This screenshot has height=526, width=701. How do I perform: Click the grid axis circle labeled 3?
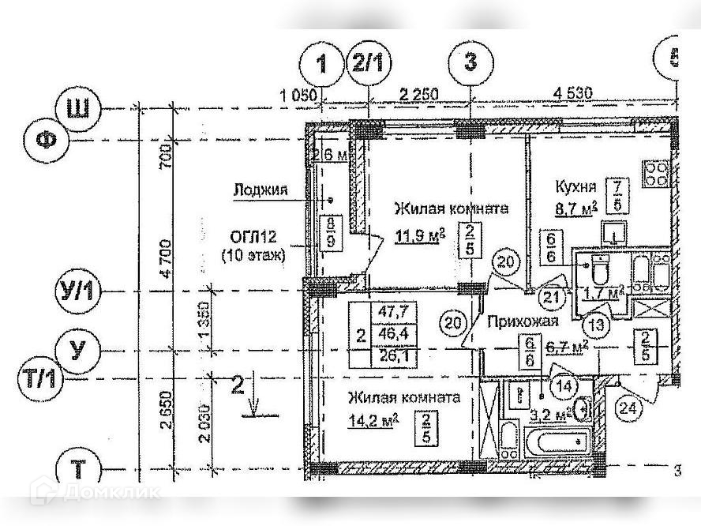pos(470,62)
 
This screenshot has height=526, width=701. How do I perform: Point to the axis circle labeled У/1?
pos(77,291)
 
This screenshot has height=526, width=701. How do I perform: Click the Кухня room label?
pos(575,187)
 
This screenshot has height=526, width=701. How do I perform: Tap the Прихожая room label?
pos(523,321)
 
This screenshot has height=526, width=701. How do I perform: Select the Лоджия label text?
pos(260,189)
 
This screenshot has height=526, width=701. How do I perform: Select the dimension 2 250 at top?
pos(418,94)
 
